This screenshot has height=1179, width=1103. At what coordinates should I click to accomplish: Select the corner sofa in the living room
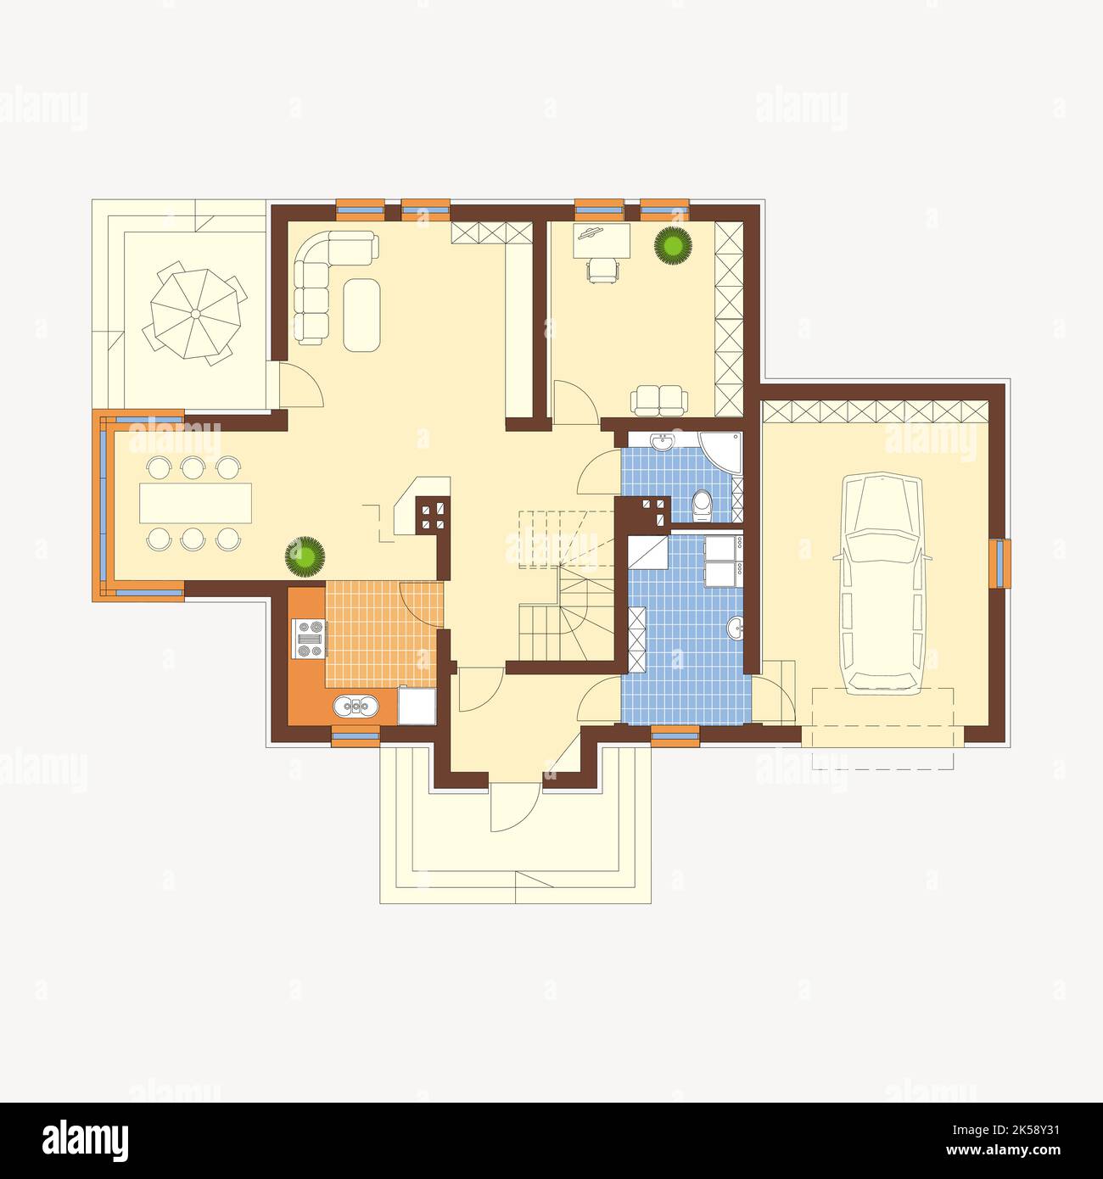[x=318, y=280]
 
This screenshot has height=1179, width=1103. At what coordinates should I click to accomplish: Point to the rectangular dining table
[x=195, y=502]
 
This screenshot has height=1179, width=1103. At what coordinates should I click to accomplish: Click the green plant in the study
[x=672, y=246]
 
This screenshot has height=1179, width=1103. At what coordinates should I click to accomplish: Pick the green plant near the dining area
[x=305, y=557]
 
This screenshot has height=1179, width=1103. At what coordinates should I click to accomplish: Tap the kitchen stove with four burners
[x=308, y=639]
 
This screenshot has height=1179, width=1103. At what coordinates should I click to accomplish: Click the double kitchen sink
[x=356, y=707]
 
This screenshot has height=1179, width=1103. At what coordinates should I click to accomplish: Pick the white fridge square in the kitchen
[x=417, y=706]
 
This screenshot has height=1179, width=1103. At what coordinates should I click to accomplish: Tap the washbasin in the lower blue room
[x=736, y=629]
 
